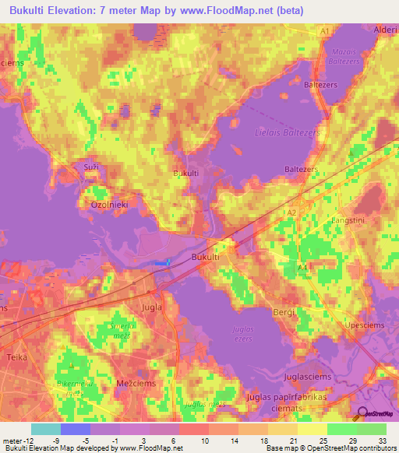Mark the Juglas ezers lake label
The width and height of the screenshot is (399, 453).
pos(244,333)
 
